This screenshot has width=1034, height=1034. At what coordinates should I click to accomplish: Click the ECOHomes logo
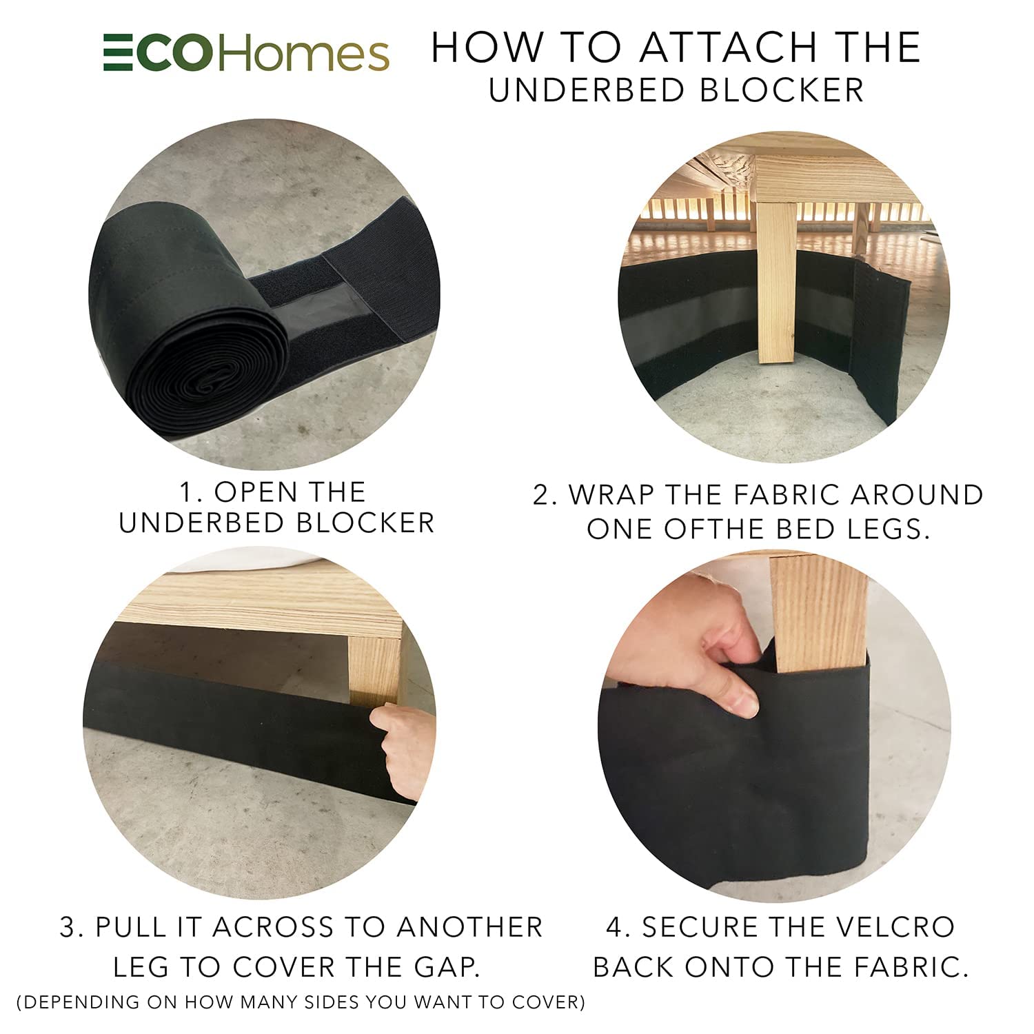[246, 54]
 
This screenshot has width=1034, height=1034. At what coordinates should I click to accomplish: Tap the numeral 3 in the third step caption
[69, 927]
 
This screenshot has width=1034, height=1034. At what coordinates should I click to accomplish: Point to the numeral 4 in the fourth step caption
[616, 927]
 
